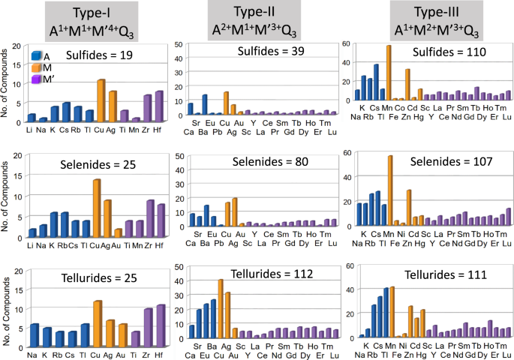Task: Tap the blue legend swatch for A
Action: (37, 55)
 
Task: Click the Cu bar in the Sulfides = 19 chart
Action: (101, 100)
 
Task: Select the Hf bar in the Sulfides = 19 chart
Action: (159, 106)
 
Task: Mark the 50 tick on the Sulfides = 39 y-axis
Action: (178, 45)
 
